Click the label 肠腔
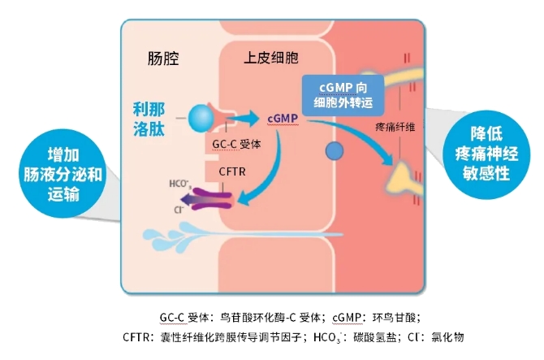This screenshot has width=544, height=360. (162, 59)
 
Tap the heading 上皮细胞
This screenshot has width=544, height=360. (271, 59)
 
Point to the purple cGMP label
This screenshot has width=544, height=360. (283, 119)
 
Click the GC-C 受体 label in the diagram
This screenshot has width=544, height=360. (236, 144)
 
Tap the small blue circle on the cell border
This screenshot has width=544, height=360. (334, 151)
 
